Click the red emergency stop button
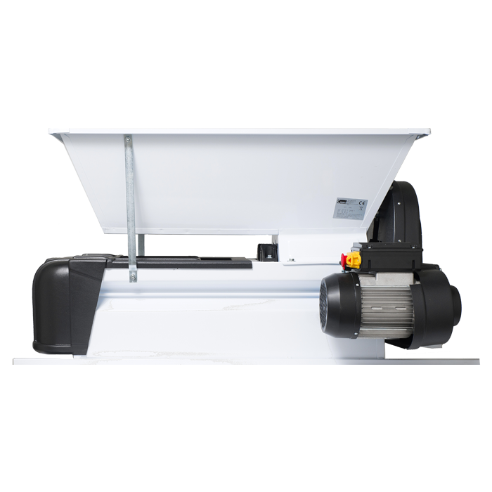click(x=346, y=259)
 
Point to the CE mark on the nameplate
click(x=362, y=201)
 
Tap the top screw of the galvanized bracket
click(x=128, y=141)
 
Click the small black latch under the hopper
click(x=266, y=252)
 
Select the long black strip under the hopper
click(x=190, y=264)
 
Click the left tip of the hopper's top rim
click(x=51, y=132)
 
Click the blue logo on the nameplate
click(x=341, y=201)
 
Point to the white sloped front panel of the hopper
click(x=232, y=183)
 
